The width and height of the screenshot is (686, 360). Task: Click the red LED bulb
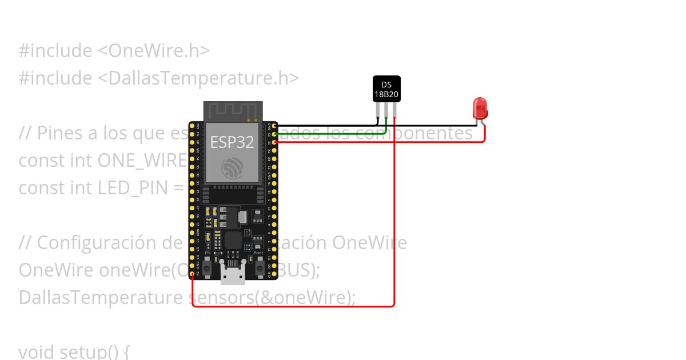click(x=480, y=108)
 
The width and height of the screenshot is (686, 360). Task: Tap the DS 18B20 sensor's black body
click(x=386, y=89)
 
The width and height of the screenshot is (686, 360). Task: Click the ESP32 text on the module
click(x=232, y=142)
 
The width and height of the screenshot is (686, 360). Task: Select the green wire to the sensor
click(x=332, y=134)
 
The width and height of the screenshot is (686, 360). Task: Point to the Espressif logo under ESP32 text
click(x=232, y=167)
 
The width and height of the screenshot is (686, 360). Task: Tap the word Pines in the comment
click(x=62, y=133)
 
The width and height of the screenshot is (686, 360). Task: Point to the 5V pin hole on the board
click(x=192, y=274)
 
